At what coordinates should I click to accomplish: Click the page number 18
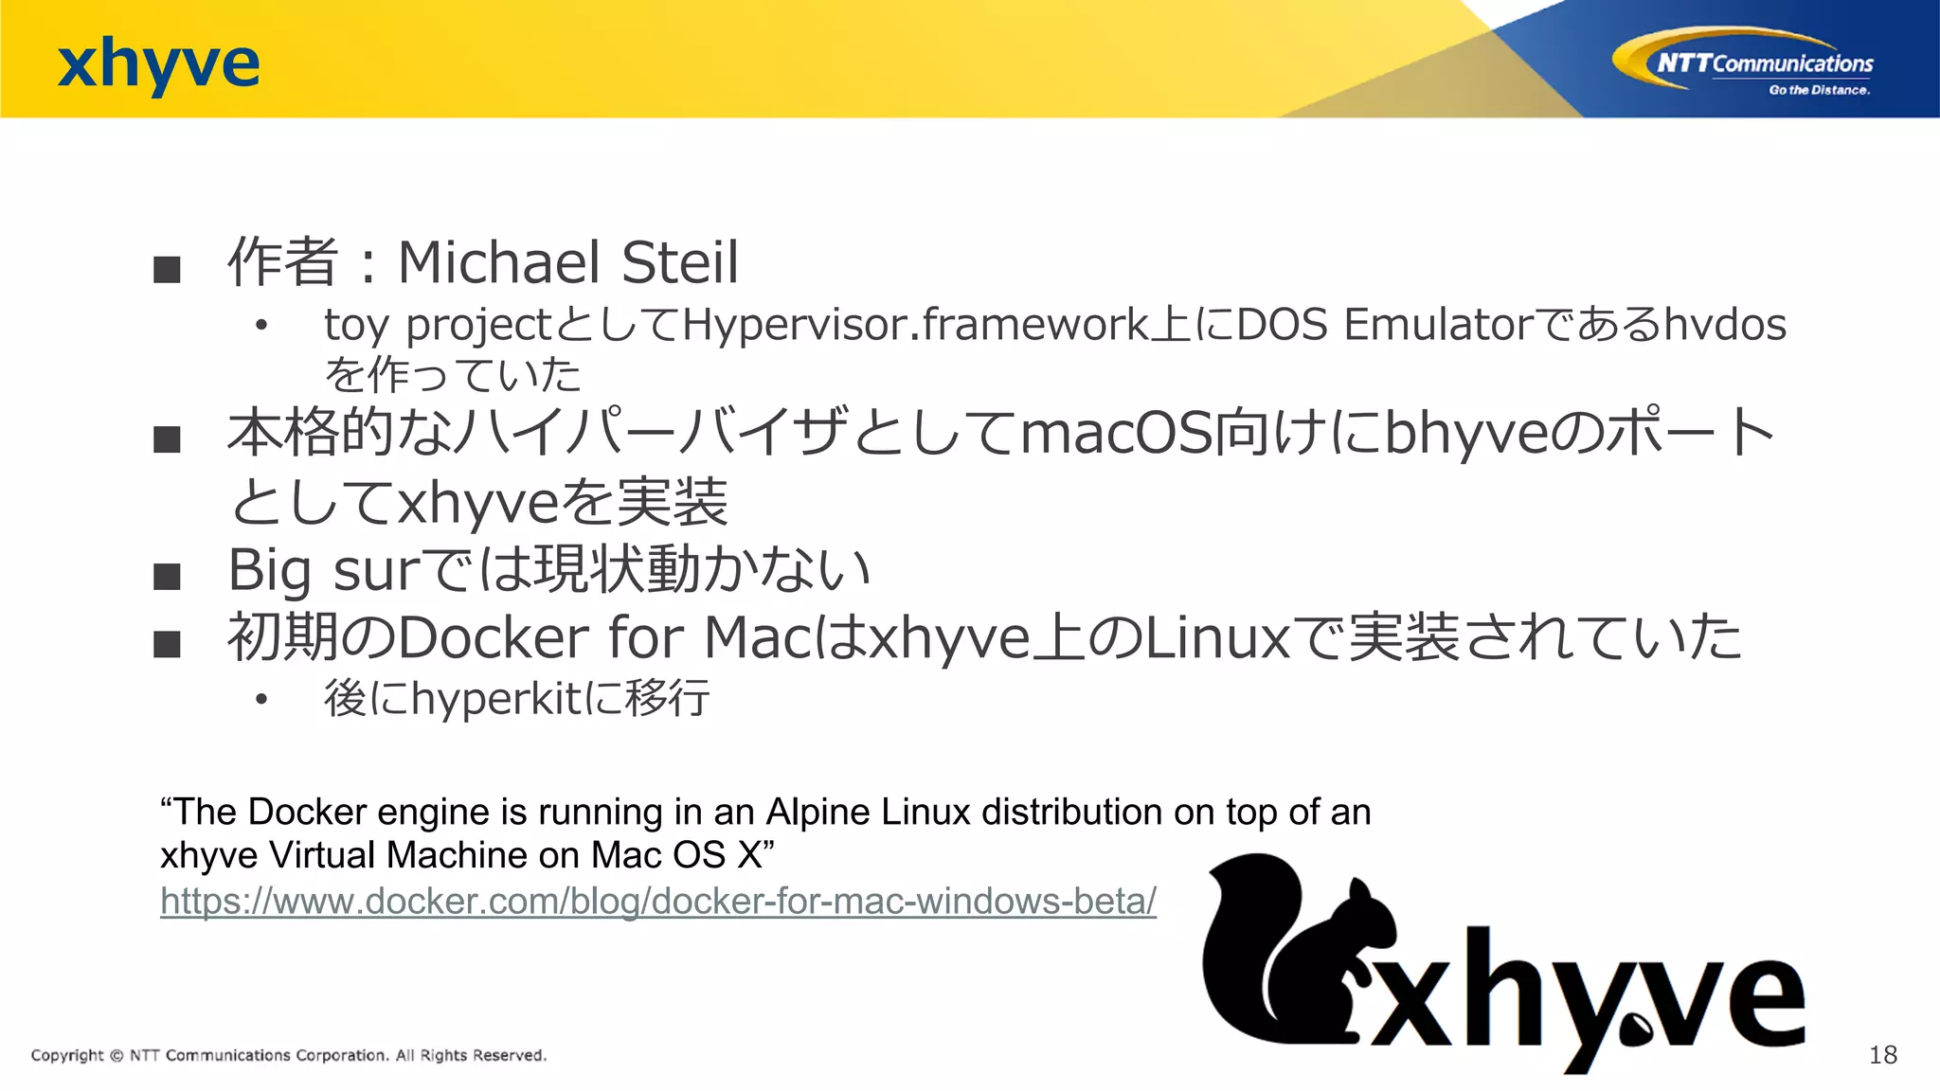[x=1882, y=1055]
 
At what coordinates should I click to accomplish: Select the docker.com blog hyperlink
[x=657, y=901]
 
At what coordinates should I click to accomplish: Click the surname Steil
[x=680, y=262]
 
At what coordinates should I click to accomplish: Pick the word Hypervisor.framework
[x=915, y=325]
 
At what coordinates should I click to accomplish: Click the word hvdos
[x=1725, y=325]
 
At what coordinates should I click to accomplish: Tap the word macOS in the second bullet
[x=1117, y=433]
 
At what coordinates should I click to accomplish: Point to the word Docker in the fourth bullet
[x=494, y=637]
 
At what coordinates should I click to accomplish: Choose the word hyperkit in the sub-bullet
[x=496, y=699]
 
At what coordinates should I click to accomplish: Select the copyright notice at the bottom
[x=289, y=1055]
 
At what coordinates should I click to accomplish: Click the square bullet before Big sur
[x=167, y=576]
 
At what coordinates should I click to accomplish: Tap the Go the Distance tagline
[x=1819, y=90]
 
